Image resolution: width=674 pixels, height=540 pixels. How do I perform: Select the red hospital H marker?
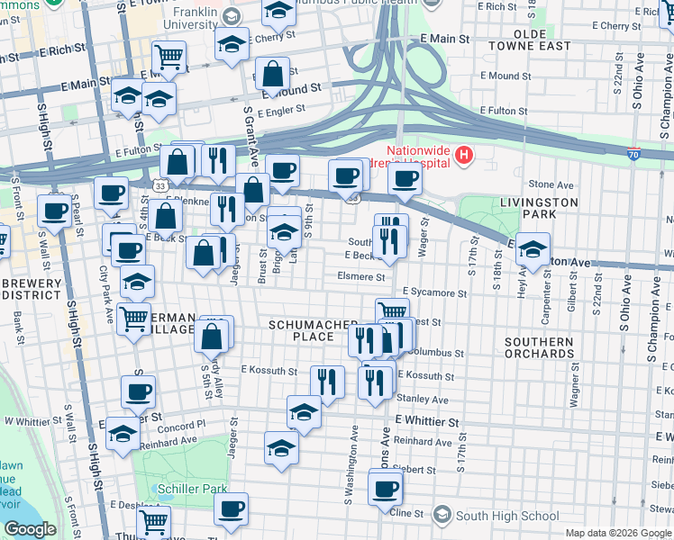pyautogui.click(x=463, y=156)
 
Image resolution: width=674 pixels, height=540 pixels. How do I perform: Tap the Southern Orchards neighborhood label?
pyautogui.click(x=539, y=347)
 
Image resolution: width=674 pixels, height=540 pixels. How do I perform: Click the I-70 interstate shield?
pyautogui.click(x=633, y=155)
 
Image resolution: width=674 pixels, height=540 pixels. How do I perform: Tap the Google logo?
pyautogui.click(x=30, y=529)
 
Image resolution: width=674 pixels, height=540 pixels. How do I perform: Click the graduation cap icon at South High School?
pyautogui.click(x=442, y=515)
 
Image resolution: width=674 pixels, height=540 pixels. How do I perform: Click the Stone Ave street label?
pyautogui.click(x=545, y=184)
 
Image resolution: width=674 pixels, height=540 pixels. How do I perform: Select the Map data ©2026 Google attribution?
pyautogui.click(x=617, y=533)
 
